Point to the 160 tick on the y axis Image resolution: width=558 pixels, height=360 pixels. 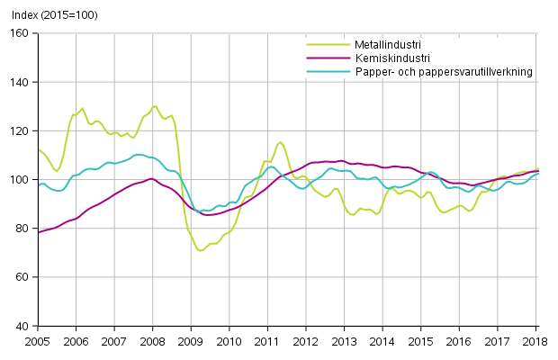21,33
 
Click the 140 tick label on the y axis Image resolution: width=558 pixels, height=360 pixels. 21,82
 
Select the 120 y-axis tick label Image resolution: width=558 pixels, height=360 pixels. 21,130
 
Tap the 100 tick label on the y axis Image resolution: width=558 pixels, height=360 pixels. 21,179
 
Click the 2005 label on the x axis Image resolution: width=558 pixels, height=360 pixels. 37,342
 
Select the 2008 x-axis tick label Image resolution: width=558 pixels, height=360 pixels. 152,342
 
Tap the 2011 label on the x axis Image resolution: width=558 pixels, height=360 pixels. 267,342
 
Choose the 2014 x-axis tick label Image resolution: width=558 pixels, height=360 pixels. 383,342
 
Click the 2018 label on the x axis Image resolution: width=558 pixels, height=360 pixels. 537,342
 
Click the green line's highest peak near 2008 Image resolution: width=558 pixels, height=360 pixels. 155,106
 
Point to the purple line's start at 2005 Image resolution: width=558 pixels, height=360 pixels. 37,232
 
